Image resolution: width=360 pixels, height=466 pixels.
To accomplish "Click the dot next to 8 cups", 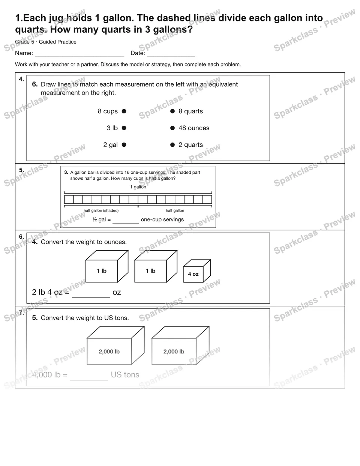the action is [x=124, y=111].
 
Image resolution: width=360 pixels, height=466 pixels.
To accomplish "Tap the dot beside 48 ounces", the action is [x=172, y=128].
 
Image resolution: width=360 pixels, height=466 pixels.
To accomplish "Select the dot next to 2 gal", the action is [x=124, y=145].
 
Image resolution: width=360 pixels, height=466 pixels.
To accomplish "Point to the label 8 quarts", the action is [x=191, y=111].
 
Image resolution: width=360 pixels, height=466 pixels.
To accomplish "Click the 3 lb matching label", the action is [x=112, y=128].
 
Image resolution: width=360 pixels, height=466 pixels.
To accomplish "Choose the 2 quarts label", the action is [x=191, y=145].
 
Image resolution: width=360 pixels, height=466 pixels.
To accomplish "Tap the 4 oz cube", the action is [x=197, y=271].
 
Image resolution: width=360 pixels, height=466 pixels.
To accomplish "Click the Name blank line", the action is [x=79, y=56].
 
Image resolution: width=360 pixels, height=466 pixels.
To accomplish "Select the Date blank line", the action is [x=171, y=56].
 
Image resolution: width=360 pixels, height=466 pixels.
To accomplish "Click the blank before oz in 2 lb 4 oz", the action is [x=91, y=298].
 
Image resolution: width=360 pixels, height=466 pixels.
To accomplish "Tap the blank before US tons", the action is [x=89, y=380].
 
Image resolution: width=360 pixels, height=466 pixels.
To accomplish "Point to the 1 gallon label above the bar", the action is [x=138, y=187].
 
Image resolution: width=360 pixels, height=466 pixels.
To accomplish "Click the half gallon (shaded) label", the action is [x=101, y=210].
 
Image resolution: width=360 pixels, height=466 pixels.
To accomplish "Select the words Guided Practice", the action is [x=57, y=42].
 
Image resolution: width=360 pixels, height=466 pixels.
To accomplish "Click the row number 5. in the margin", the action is [x=21, y=170].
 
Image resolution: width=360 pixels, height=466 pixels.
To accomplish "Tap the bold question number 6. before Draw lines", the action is [x=35, y=84].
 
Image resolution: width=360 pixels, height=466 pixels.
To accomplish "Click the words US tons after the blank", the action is [x=125, y=375].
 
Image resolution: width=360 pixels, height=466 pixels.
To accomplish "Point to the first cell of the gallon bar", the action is [x=69, y=200].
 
